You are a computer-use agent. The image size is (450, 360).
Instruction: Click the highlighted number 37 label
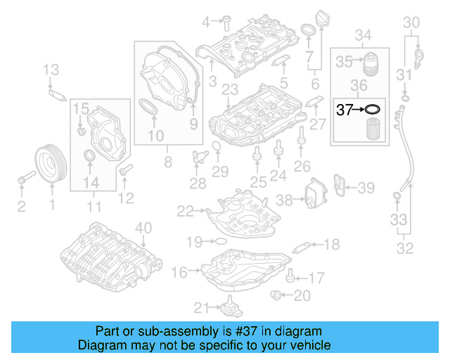(345, 109)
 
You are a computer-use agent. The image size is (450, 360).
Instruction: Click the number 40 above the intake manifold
(143, 227)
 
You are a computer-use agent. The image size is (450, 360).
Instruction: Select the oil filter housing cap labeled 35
(370, 64)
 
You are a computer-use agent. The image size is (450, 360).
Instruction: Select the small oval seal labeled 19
(219, 241)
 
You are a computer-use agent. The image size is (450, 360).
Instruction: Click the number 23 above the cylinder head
(229, 89)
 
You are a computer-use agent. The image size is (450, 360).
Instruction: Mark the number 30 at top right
(412, 22)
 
